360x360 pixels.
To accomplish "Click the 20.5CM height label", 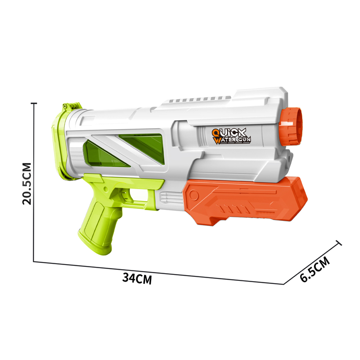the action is [x=27, y=184].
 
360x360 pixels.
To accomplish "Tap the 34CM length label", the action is [x=137, y=278].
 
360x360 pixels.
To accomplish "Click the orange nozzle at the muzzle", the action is [x=291, y=126].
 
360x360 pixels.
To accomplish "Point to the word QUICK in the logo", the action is [x=229, y=133].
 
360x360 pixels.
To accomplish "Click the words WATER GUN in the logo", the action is [x=232, y=140].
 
